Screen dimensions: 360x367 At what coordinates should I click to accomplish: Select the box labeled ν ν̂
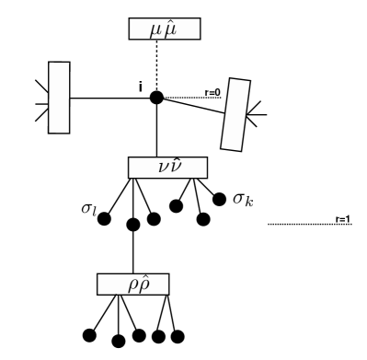pyautogui.click(x=167, y=168)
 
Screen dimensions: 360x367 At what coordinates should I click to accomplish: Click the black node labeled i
pyautogui.click(x=156, y=97)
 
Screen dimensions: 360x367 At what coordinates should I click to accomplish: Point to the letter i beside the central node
pyautogui.click(x=140, y=87)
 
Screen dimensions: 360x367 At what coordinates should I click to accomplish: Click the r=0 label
pyautogui.click(x=212, y=91)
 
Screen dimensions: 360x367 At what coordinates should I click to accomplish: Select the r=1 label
pyautogui.click(x=342, y=218)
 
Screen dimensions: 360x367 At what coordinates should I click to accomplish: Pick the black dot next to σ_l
pyautogui.click(x=104, y=219)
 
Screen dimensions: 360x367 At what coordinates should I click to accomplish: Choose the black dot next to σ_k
pyautogui.click(x=219, y=198)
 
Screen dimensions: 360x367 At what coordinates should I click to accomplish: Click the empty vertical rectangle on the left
pyautogui.click(x=59, y=96)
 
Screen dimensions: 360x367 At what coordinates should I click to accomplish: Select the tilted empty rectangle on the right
pyautogui.click(x=235, y=113)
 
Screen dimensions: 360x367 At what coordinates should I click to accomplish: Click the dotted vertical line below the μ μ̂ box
pyautogui.click(x=156, y=64)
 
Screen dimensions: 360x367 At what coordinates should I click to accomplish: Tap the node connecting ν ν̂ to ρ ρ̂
pyautogui.click(x=134, y=223)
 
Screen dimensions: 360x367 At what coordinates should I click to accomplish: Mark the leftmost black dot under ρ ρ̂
pyautogui.click(x=90, y=334)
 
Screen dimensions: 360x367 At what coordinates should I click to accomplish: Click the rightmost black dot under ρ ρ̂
pyautogui.click(x=178, y=335)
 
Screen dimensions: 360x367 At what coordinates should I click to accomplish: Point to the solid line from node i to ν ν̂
pyautogui.click(x=156, y=129)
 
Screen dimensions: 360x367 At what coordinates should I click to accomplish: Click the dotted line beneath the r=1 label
pyautogui.click(x=308, y=224)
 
